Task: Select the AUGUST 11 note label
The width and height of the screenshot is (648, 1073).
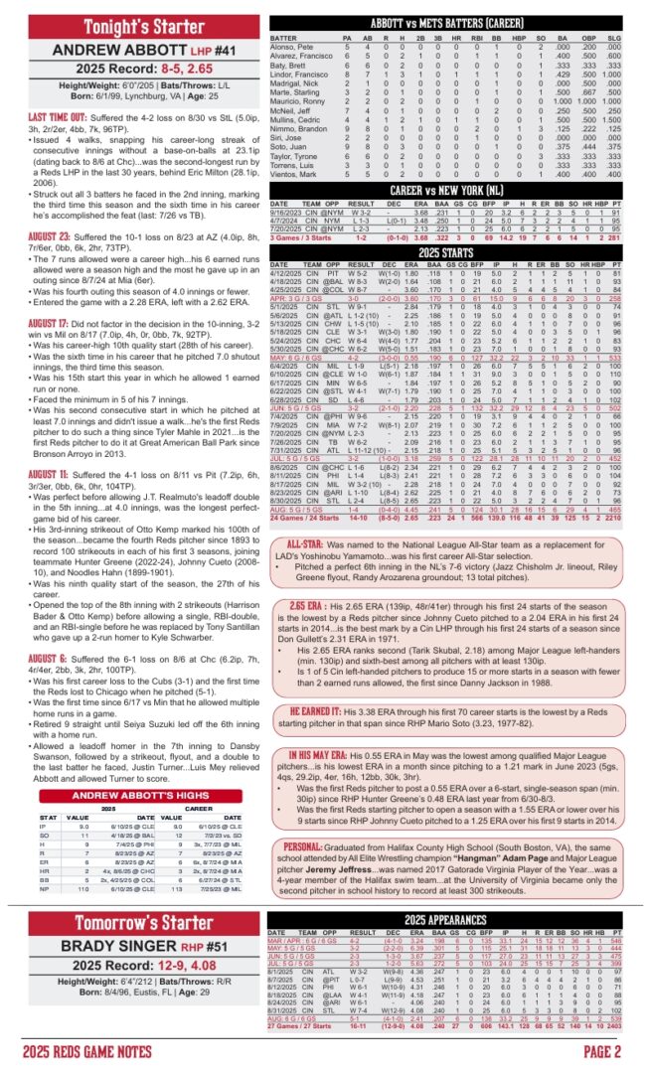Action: point(36,476)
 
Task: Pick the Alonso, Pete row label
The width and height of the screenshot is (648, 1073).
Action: point(290,46)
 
